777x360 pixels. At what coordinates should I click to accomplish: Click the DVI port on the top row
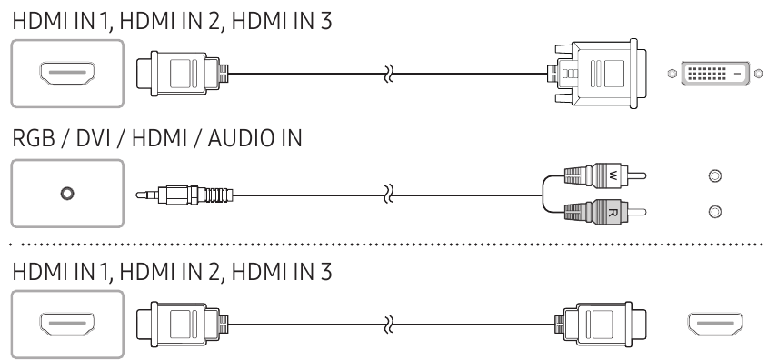715,74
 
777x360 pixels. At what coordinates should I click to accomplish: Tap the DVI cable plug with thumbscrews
597,74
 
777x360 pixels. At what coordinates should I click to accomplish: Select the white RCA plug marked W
604,175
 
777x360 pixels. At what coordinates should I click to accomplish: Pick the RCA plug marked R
604,212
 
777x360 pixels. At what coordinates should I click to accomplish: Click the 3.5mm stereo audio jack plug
184,195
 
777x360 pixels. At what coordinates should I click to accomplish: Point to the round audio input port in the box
67,194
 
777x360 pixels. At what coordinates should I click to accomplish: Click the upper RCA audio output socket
714,175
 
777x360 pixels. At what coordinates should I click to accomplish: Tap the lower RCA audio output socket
714,212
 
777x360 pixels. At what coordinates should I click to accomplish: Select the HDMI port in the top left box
67,74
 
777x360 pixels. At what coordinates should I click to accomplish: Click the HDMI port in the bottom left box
67,325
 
